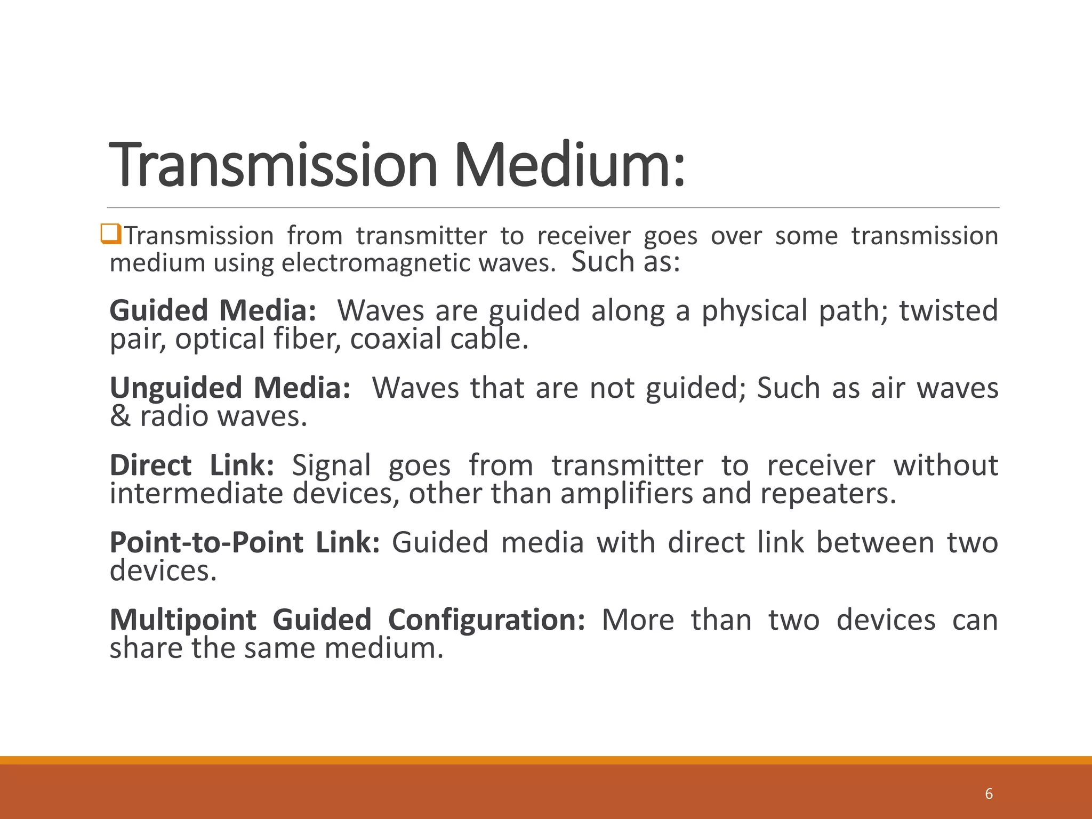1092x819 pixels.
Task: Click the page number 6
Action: (989, 794)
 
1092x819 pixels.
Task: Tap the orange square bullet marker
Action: (111, 235)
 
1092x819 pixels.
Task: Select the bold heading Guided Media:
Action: (213, 311)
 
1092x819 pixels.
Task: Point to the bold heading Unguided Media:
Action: (230, 388)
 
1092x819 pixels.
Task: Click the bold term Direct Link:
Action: (192, 465)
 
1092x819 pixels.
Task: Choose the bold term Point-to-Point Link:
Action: (245, 542)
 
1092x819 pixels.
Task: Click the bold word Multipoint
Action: (183, 620)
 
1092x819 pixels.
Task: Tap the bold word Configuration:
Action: (486, 620)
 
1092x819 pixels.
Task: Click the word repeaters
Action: (828, 494)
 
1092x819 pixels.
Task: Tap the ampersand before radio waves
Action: (120, 416)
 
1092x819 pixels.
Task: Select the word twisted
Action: (949, 311)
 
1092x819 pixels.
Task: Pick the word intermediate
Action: (196, 494)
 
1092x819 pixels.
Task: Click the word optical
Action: (220, 339)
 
